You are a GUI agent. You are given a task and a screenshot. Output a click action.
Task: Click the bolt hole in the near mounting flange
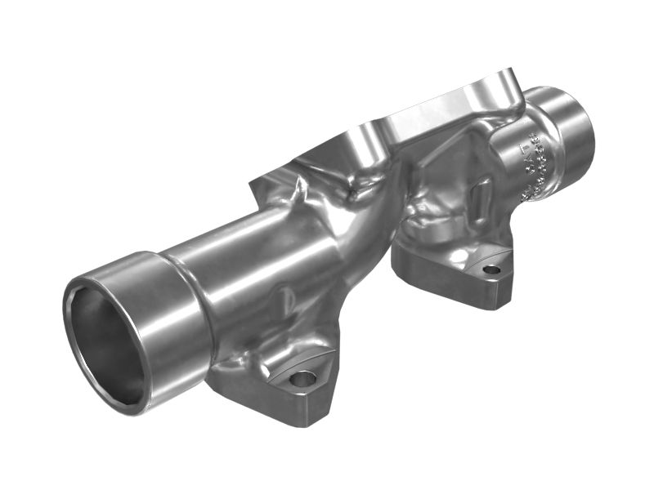302,379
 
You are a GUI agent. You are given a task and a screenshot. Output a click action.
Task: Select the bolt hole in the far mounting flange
490,269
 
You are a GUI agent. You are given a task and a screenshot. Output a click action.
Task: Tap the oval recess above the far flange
482,196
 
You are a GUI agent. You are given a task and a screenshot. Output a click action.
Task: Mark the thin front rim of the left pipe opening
69,343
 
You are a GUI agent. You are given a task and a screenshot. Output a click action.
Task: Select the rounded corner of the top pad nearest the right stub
511,86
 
